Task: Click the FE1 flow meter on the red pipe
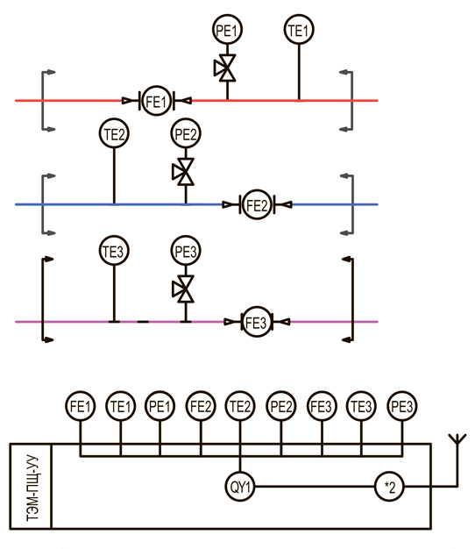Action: (156, 101)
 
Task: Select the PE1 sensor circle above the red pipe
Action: (227, 30)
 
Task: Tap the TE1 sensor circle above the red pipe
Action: (299, 30)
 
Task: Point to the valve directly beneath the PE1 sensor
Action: (225, 68)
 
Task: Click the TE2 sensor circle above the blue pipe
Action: (114, 133)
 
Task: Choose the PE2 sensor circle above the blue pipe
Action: (186, 133)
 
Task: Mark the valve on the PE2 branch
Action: (183, 172)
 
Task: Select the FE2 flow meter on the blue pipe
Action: (257, 204)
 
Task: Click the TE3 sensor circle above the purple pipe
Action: (114, 251)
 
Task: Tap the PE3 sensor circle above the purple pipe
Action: (186, 251)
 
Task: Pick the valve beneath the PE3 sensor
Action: (183, 289)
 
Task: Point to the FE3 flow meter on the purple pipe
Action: (257, 322)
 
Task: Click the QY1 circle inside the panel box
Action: (240, 487)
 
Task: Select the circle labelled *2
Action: (389, 487)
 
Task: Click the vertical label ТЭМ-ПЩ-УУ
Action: (32, 488)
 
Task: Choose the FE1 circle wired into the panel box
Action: (80, 406)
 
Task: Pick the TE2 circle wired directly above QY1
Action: (240, 406)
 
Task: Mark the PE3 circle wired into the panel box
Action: (402, 406)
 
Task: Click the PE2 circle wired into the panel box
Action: (280, 406)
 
